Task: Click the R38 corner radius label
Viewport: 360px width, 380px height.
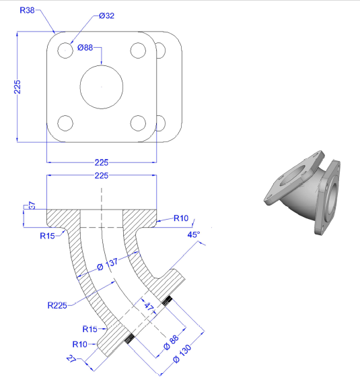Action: pos(27,10)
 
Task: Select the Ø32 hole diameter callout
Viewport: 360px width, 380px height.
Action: pos(106,15)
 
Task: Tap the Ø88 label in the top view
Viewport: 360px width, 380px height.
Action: pos(85,47)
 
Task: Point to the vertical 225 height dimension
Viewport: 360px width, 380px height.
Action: pos(17,87)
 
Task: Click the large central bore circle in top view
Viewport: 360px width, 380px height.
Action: pos(102,65)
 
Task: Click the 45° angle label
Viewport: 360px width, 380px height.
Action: pos(194,234)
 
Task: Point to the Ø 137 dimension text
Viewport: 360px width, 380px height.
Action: pos(107,264)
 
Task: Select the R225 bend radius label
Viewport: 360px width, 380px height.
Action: pos(57,305)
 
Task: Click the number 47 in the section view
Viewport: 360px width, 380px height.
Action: pos(149,307)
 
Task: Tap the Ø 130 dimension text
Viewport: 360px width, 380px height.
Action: pos(182,354)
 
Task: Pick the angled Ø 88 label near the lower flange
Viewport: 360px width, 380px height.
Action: pos(171,343)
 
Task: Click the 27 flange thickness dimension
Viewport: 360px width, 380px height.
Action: pos(71,358)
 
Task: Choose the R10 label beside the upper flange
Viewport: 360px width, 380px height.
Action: pos(181,218)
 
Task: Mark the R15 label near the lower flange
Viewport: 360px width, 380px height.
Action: pos(89,329)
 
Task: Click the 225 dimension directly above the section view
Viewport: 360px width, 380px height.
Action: pos(102,176)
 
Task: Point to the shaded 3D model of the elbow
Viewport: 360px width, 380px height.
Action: pos(302,193)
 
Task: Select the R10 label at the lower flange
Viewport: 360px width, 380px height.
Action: pos(79,344)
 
